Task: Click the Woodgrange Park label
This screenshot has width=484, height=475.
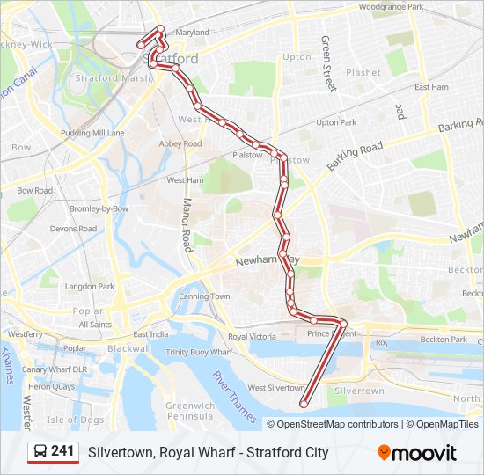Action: point(391,7)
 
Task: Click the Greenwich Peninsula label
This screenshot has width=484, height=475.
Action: point(189,411)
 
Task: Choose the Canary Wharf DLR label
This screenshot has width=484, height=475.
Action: point(55,369)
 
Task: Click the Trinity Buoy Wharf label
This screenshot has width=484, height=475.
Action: point(199,352)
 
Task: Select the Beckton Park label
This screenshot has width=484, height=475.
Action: point(444,340)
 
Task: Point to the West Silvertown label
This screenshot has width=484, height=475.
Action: point(275,388)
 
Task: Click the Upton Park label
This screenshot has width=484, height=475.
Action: point(335,122)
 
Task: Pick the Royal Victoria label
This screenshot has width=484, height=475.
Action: point(252,337)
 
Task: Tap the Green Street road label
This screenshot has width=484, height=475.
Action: point(328,63)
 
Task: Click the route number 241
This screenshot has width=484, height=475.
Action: point(62,451)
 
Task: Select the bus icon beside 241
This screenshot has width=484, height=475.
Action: point(40,452)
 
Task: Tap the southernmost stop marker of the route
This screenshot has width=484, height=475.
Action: point(304,405)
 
